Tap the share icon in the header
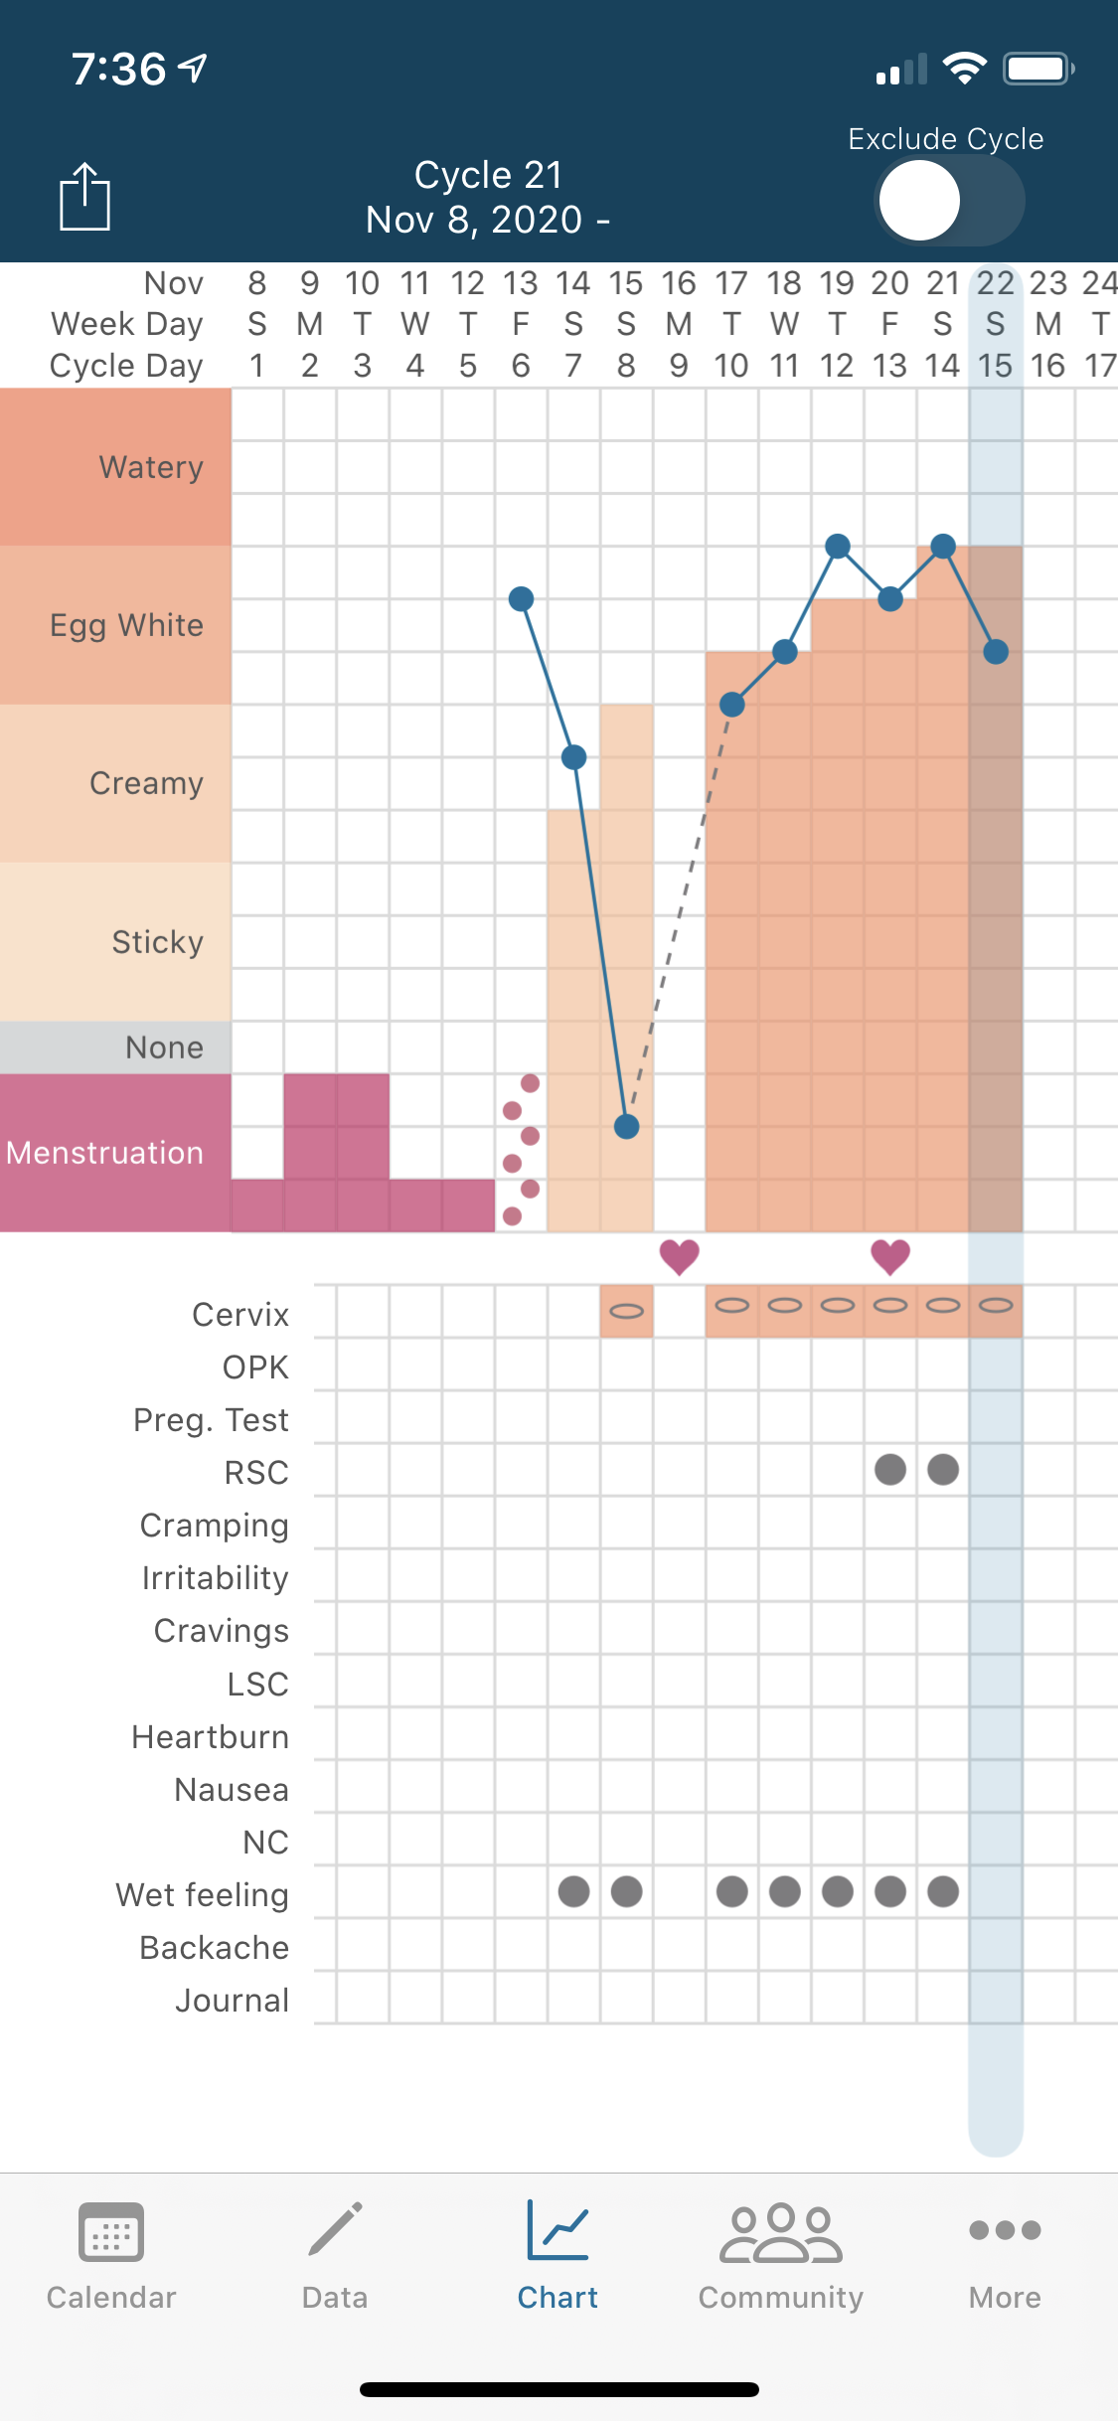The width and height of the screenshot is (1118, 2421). click(x=84, y=196)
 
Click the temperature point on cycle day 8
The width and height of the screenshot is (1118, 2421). click(x=626, y=1126)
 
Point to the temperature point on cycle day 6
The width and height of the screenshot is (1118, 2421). click(x=521, y=598)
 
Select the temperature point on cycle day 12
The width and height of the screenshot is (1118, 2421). click(x=838, y=546)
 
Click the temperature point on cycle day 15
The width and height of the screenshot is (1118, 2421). click(x=996, y=652)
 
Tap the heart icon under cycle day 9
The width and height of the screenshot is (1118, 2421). click(x=680, y=1256)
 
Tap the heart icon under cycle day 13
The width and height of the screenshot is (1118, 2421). click(x=890, y=1256)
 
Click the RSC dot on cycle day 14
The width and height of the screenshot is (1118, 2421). click(x=943, y=1469)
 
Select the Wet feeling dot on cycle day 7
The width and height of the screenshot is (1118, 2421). click(x=573, y=1891)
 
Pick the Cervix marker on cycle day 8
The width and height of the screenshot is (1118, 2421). click(x=626, y=1311)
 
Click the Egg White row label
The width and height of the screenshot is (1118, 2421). click(x=126, y=625)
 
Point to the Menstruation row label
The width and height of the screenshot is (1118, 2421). click(x=105, y=1153)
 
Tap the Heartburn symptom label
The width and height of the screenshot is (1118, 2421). click(x=210, y=1737)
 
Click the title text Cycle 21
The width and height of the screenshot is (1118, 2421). click(x=488, y=176)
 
